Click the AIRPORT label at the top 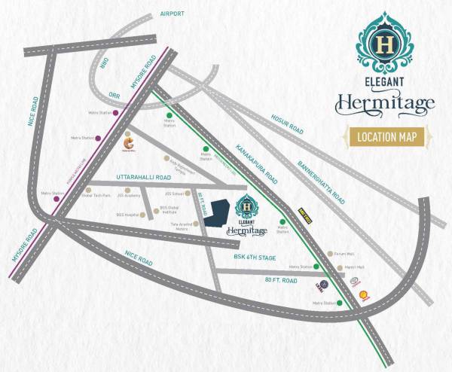(173, 14)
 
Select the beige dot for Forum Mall (330, 254)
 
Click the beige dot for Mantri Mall (330, 267)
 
